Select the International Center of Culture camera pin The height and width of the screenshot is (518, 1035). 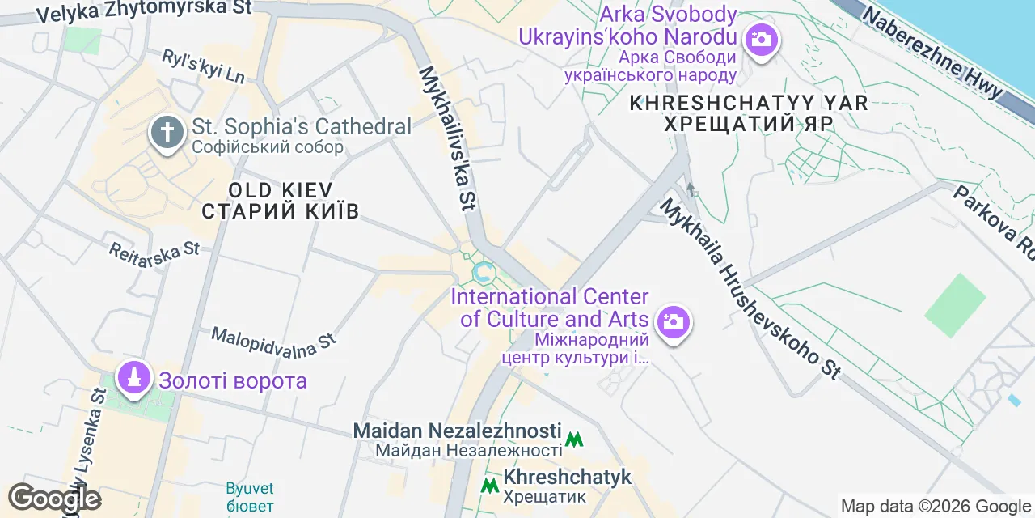pos(672,322)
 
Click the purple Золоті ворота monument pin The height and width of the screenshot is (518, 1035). pos(133,377)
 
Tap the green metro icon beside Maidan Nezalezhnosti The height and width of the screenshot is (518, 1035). pos(574,439)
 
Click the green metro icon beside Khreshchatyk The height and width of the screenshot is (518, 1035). pos(489,486)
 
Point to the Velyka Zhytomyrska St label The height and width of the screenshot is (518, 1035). pos(144,11)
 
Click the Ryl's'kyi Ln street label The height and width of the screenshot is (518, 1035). pos(203,66)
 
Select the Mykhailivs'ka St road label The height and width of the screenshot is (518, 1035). pos(446,138)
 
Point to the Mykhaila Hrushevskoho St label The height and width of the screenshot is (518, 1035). pos(750,288)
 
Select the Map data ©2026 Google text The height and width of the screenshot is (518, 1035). pos(936,507)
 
